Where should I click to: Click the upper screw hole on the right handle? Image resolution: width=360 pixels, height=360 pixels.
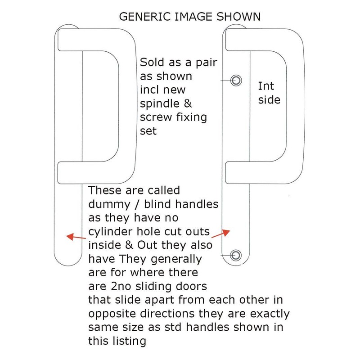(236, 81)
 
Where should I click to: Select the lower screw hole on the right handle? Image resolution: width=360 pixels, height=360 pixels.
(236, 255)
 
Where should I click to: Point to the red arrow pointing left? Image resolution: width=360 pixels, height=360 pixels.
(76, 237)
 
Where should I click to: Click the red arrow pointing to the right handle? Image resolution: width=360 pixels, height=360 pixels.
(220, 234)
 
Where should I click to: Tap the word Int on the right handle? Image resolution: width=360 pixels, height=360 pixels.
(266, 86)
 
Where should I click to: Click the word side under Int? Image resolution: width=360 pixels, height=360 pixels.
(269, 100)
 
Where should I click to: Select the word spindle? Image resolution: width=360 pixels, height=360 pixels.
(160, 104)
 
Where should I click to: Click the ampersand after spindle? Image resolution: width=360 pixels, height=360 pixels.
(188, 103)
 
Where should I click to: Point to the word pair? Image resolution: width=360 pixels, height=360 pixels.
(207, 63)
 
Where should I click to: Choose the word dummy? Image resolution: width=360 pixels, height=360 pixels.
(109, 204)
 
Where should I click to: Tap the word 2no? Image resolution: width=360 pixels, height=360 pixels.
(121, 286)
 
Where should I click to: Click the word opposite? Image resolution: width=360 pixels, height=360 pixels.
(112, 314)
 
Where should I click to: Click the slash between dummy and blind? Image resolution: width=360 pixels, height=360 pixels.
(137, 204)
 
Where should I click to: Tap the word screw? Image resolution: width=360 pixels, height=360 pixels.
(156, 117)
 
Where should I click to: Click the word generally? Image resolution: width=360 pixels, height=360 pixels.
(176, 260)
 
